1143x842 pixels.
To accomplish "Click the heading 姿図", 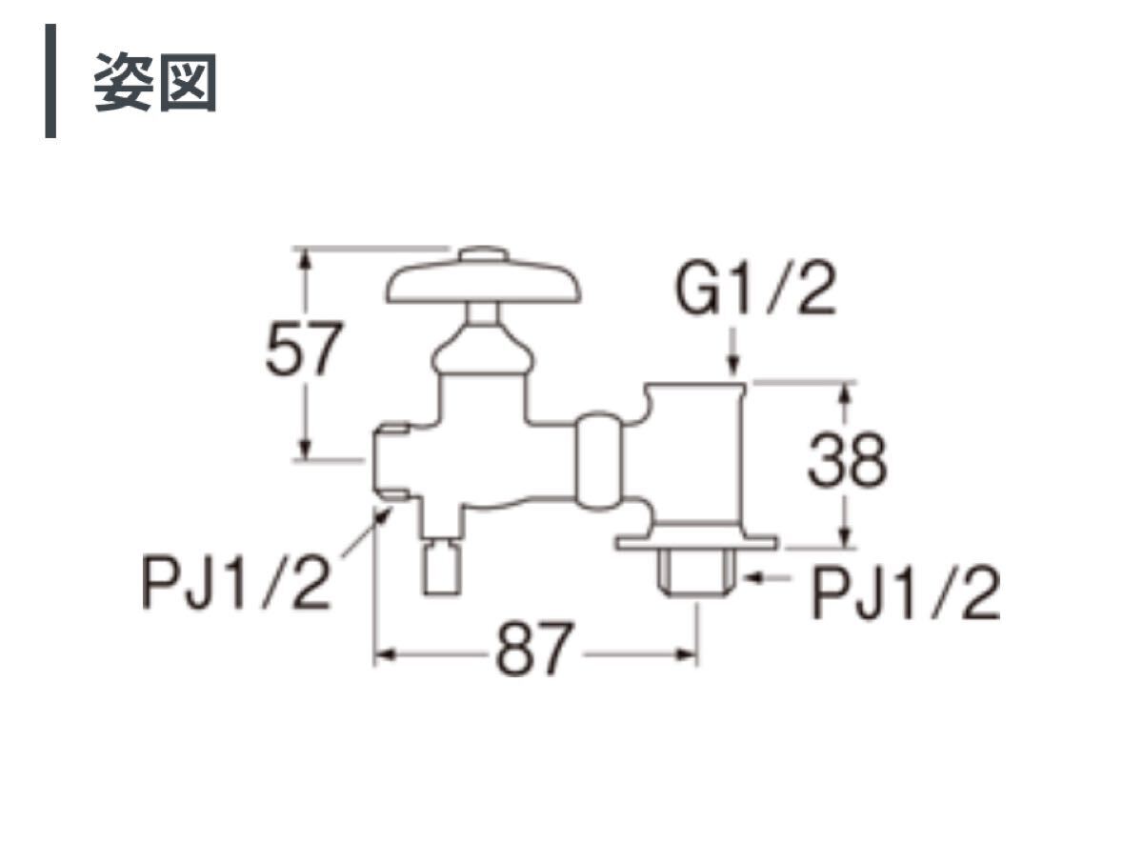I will (x=155, y=84).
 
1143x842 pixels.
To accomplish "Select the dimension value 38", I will (x=847, y=462).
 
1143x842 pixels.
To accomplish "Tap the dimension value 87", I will (x=535, y=652).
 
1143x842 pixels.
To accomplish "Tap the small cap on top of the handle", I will (x=484, y=254).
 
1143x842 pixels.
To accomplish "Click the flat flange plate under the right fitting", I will (x=695, y=543).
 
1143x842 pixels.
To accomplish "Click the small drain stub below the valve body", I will (x=440, y=568).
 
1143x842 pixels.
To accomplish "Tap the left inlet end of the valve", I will (x=393, y=462).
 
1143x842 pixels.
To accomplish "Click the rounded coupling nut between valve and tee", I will (x=600, y=461).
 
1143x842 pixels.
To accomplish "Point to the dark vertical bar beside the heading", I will (x=50, y=82).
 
